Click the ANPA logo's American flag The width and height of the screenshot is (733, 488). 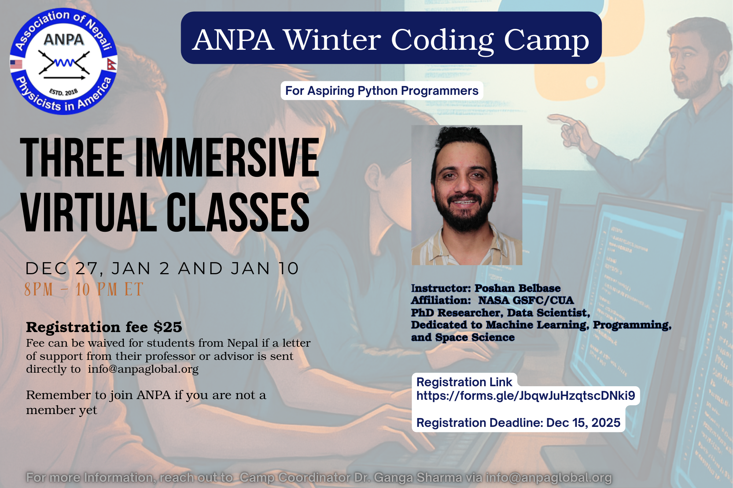point(16,64)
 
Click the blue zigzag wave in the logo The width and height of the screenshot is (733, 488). point(64,63)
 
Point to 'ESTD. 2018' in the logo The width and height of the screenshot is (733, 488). point(63,92)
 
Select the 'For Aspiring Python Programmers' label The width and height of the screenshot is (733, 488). point(382,90)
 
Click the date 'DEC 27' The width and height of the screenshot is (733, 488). point(61,269)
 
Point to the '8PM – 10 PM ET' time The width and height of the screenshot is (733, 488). point(84,289)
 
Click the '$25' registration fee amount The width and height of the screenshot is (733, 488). point(168,327)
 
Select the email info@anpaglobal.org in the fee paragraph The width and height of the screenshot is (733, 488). point(143,369)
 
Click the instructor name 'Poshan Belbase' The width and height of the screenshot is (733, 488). point(517,288)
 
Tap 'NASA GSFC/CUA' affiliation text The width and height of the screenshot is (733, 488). point(526,300)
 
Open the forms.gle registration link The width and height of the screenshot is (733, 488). point(526,396)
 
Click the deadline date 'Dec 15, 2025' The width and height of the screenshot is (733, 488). point(583,422)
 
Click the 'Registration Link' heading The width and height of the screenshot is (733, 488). point(464,382)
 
